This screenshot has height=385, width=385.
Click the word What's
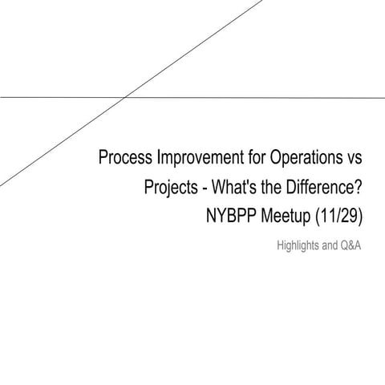point(241,188)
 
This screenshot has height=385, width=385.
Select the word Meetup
point(290,217)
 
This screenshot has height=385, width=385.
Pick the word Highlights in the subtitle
point(297,246)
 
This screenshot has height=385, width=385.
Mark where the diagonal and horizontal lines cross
point(127,98)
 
